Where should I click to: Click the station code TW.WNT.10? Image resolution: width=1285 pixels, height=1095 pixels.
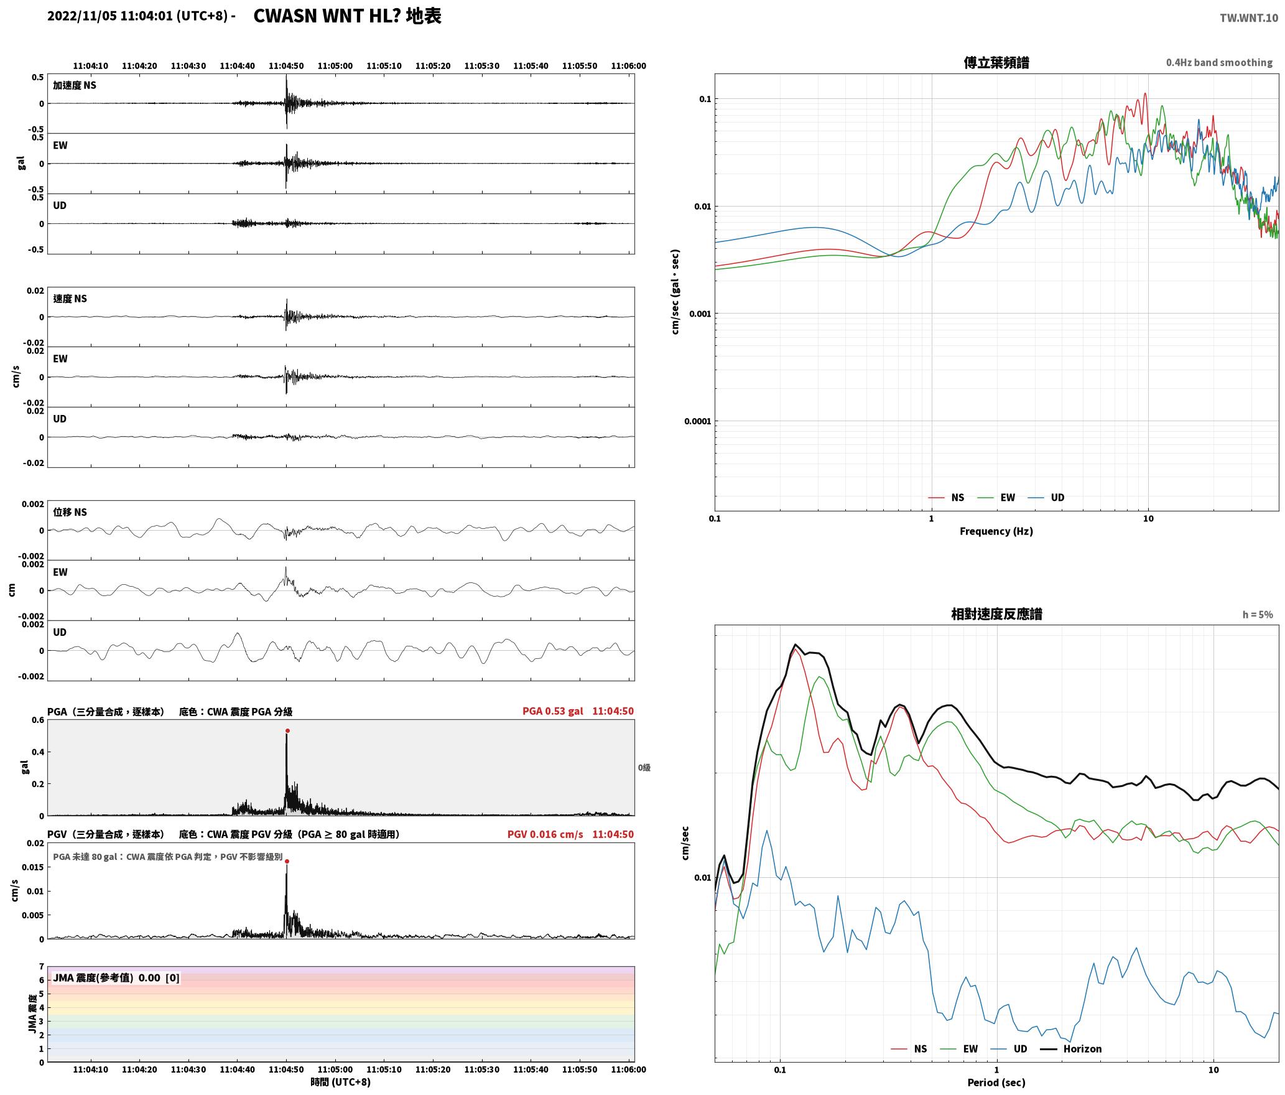(1249, 18)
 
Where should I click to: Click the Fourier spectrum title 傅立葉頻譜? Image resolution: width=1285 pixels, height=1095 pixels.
(996, 63)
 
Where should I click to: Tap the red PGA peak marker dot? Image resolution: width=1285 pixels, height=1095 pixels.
(287, 730)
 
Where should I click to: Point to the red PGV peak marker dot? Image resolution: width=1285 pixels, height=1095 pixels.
(287, 861)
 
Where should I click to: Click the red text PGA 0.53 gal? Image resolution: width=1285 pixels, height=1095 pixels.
(552, 711)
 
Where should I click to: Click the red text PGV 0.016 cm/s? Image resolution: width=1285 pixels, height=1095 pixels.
(545, 834)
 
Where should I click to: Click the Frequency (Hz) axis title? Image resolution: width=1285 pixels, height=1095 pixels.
(996, 531)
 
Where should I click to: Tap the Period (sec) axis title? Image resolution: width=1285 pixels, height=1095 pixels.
(996, 1083)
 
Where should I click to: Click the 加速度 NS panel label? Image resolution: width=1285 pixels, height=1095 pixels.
(75, 85)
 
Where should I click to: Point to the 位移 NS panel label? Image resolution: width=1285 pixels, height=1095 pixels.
(70, 512)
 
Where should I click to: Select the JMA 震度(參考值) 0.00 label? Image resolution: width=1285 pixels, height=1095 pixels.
(116, 977)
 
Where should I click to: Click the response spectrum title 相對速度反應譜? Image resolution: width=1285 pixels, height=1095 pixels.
(996, 614)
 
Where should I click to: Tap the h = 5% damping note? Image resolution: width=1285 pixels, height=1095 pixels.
(1258, 615)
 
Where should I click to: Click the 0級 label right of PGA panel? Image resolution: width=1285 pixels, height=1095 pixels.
(644, 768)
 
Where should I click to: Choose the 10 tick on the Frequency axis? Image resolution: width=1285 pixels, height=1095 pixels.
(1148, 518)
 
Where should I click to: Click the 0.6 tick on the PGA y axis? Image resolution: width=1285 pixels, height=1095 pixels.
(37, 720)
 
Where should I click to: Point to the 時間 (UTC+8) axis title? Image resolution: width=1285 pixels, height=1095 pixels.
(340, 1082)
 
